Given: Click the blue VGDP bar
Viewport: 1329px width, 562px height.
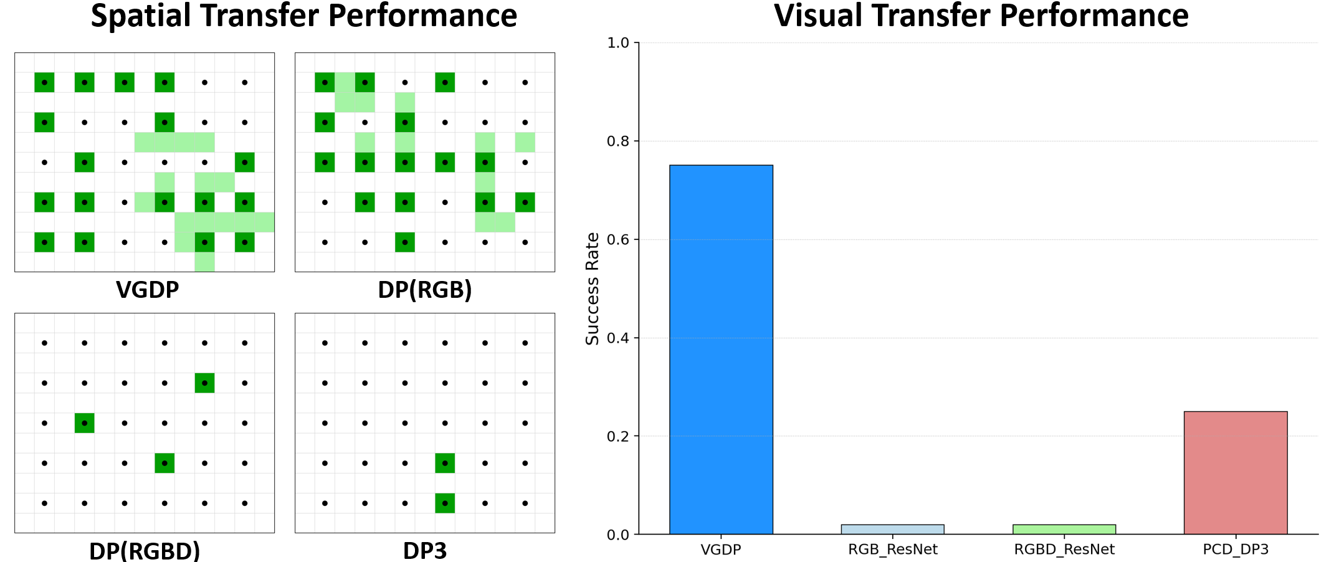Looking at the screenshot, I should [721, 349].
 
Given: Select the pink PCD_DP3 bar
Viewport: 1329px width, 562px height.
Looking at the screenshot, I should [1235, 472].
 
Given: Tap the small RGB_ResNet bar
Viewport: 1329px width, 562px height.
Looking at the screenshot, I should [892, 529].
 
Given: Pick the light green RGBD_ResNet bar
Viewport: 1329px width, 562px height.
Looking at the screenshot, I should [1064, 529].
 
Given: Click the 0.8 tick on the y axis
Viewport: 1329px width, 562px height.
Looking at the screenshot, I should [618, 141].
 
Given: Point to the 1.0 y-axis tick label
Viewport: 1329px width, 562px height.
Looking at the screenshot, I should [618, 43].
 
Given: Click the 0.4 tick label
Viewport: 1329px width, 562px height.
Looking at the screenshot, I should [618, 338].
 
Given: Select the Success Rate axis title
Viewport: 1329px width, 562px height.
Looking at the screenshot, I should [592, 288].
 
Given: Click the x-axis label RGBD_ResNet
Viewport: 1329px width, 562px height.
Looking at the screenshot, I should [1064, 550].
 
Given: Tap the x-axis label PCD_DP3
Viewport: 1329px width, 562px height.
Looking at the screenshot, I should [1235, 550].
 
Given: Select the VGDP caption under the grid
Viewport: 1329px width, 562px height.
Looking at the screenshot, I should [147, 290].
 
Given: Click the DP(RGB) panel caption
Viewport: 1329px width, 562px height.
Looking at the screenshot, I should [425, 290].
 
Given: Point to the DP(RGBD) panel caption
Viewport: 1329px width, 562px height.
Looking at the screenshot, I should [145, 551].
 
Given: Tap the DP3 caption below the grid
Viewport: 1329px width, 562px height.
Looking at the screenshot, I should [425, 551].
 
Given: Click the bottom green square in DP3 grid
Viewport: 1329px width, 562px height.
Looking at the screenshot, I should [445, 503].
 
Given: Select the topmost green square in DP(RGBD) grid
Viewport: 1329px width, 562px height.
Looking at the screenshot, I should [204, 383].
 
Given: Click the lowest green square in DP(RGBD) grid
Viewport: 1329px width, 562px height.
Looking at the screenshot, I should [164, 463].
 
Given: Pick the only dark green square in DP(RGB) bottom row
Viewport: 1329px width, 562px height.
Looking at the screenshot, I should [405, 242].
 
